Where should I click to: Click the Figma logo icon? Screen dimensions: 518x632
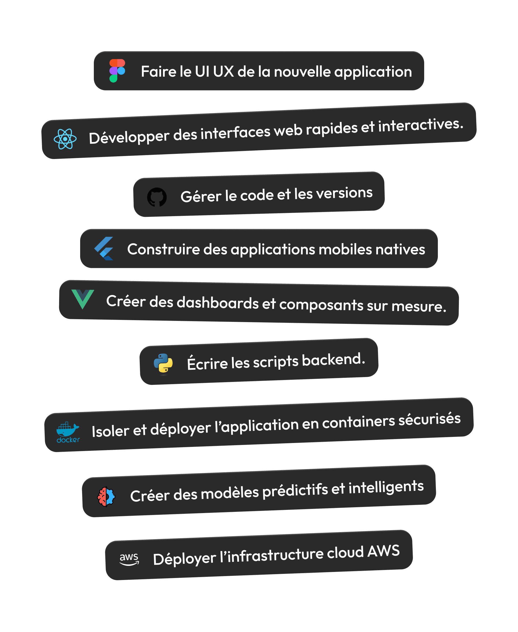(x=117, y=71)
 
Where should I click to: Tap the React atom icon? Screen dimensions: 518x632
(x=65, y=139)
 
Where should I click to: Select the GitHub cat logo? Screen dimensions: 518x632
(x=157, y=197)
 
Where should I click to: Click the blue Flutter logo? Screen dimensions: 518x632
(x=104, y=248)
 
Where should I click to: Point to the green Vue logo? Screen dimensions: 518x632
(x=83, y=299)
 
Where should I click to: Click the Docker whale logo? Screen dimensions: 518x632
(x=68, y=432)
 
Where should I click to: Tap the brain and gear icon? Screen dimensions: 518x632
(x=106, y=497)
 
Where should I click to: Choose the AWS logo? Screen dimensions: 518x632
(x=129, y=559)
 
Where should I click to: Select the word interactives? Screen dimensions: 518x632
(x=421, y=125)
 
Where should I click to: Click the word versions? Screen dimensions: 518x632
(x=344, y=193)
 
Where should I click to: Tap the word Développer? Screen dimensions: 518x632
(x=129, y=137)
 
